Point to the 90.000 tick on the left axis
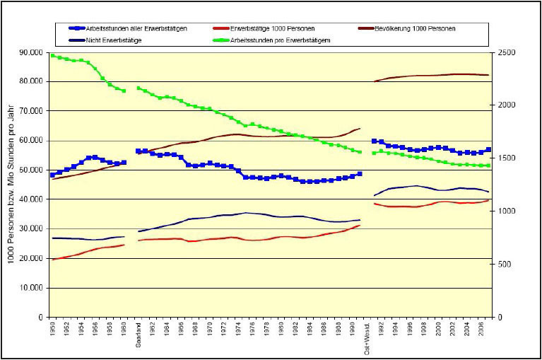[31, 52]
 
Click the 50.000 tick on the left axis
[31, 170]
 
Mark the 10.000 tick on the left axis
[31, 288]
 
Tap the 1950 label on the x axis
[52, 330]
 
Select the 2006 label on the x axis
[481, 330]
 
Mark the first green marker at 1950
[52, 55]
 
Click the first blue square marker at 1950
[52, 175]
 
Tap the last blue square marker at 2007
[488, 150]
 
